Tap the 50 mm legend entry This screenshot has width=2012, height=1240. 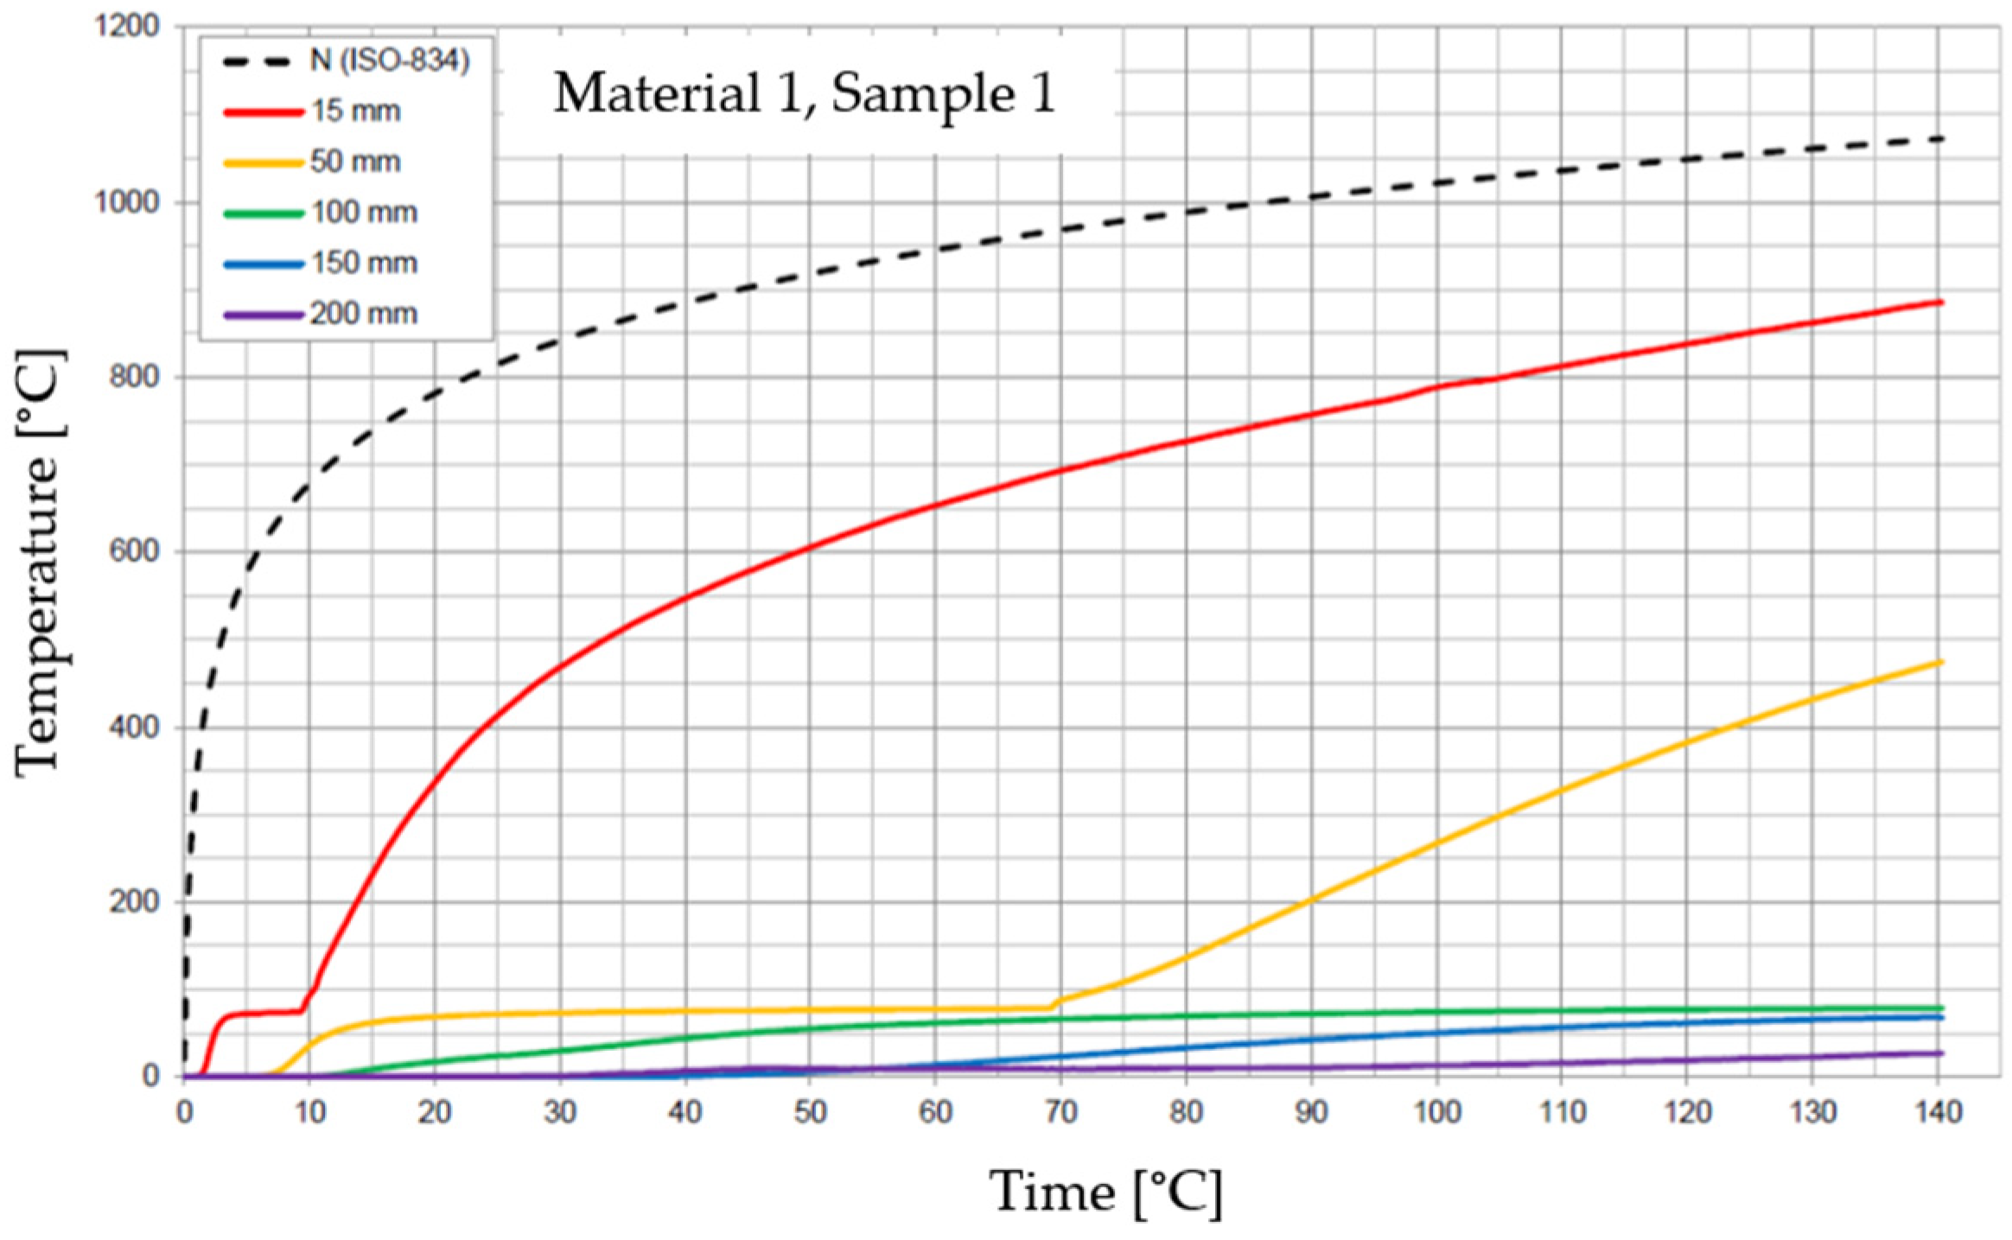click(x=355, y=162)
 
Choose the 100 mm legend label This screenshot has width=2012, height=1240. click(x=364, y=213)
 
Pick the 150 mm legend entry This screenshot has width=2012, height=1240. click(x=364, y=263)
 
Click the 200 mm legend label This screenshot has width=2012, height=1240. click(x=364, y=313)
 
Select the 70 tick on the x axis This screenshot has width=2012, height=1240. click(x=1060, y=1111)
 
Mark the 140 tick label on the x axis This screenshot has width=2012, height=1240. click(x=1939, y=1111)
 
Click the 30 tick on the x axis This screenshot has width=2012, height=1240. click(x=560, y=1111)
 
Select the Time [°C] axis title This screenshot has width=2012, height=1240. click(x=1105, y=1192)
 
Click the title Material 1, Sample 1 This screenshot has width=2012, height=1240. click(x=804, y=93)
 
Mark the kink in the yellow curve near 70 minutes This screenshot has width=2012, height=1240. click(x=1053, y=1004)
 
